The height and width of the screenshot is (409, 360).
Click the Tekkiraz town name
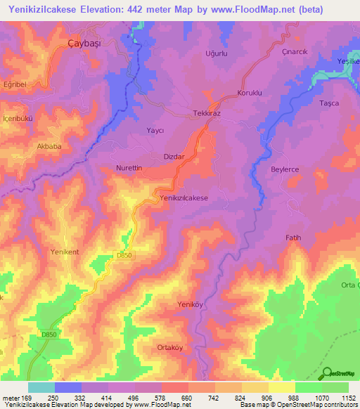click(208, 113)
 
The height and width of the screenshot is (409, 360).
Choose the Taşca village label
click(328, 103)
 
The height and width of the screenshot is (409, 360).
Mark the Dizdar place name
click(174, 157)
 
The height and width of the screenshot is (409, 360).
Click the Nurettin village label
click(129, 169)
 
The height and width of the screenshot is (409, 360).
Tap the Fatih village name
click(293, 238)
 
